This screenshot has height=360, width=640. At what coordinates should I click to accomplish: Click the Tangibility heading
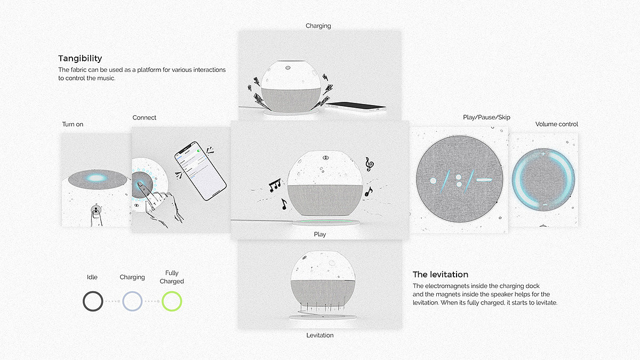tap(80, 59)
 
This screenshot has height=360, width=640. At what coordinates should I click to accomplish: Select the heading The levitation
tap(441, 275)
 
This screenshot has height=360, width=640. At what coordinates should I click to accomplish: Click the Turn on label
tap(73, 124)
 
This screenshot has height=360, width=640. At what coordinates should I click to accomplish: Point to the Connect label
tap(145, 118)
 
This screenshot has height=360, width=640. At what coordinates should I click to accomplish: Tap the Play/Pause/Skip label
tap(486, 117)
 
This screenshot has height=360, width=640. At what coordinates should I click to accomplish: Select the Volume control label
tap(557, 124)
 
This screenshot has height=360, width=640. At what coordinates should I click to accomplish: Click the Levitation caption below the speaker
tap(319, 335)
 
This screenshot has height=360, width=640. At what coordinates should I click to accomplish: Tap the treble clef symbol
tap(370, 164)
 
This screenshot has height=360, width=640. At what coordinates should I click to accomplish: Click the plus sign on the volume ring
tap(543, 154)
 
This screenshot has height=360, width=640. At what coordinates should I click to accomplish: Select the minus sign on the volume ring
tap(545, 205)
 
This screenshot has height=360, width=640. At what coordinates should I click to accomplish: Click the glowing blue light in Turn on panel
tap(97, 178)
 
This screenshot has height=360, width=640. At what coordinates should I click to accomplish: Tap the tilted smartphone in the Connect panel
tap(201, 171)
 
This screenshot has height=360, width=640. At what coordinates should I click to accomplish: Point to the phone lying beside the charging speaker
tap(356, 106)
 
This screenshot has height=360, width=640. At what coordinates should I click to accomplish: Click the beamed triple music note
tap(275, 185)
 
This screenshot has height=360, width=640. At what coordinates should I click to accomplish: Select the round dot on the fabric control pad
tap(433, 181)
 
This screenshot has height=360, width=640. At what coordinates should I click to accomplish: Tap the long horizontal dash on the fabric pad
tap(484, 180)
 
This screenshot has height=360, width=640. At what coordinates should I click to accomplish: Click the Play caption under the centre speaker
tap(319, 235)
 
